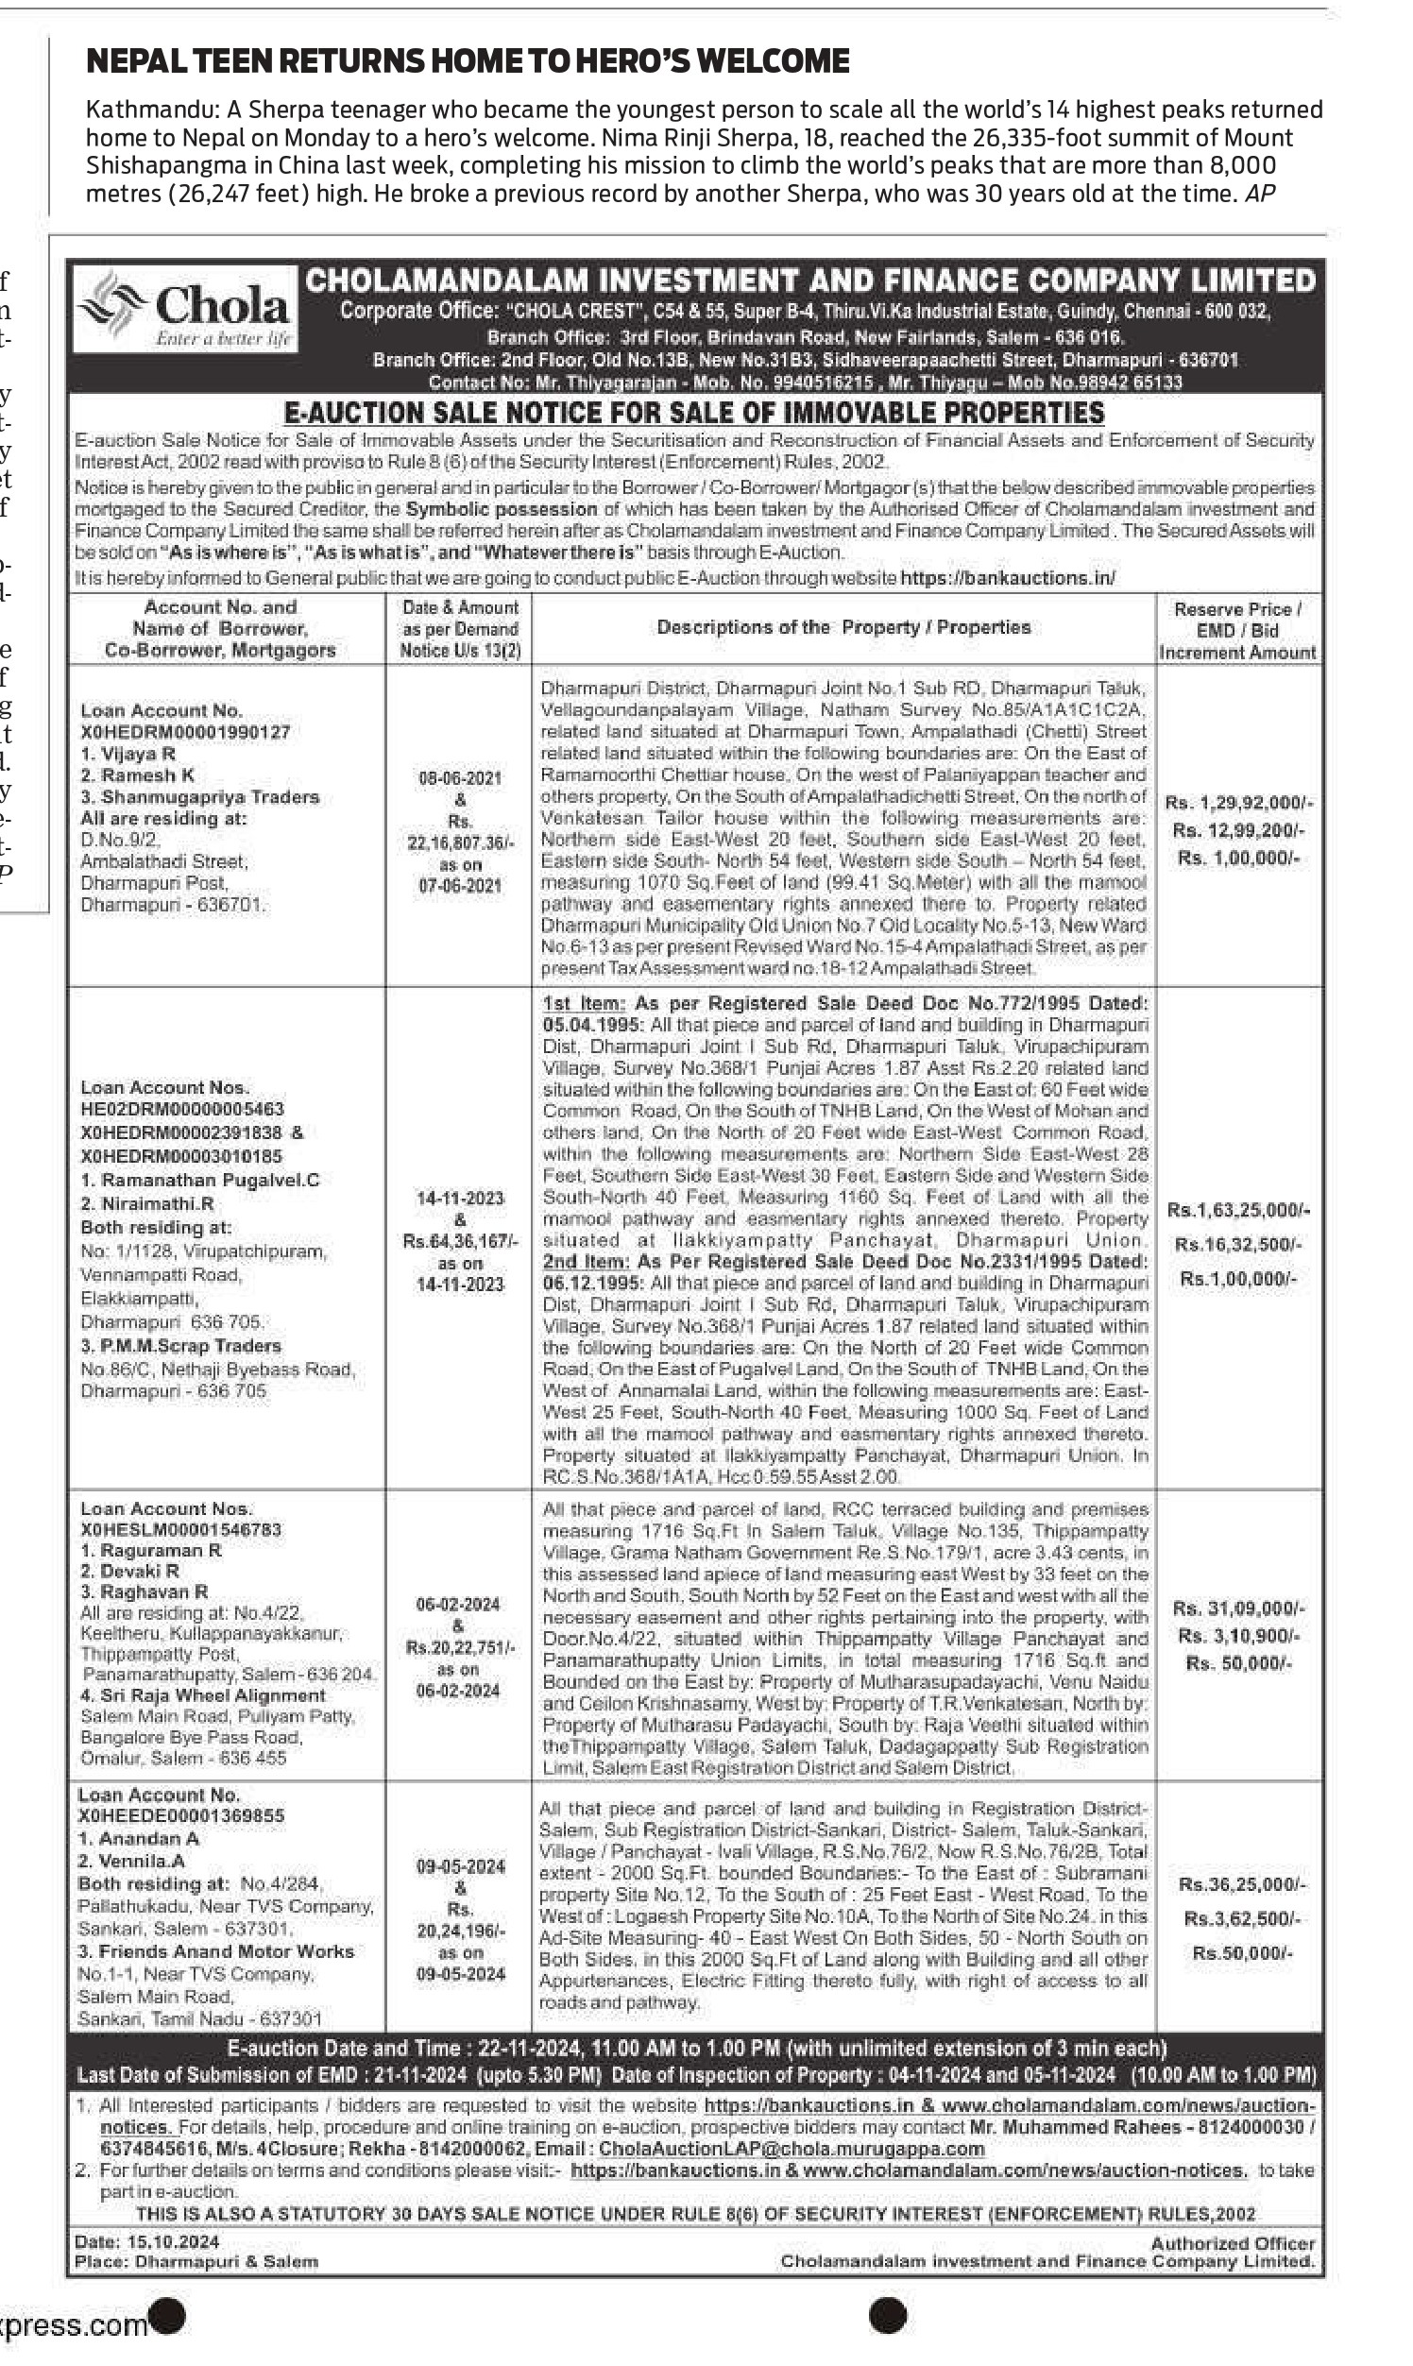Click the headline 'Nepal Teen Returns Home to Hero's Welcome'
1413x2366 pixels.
[x=468, y=61]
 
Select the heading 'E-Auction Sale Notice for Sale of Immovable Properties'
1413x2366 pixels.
[x=694, y=413]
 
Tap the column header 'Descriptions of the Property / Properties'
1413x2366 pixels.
[x=843, y=627]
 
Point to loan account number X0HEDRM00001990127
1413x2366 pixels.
[x=185, y=731]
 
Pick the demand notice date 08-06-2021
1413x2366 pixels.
[x=460, y=778]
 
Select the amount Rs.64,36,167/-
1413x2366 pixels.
[x=460, y=1240]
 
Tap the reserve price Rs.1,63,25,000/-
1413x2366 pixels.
[x=1238, y=1210]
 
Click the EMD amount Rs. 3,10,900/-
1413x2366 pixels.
[x=1238, y=1636]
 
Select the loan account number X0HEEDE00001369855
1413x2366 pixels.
[x=181, y=1815]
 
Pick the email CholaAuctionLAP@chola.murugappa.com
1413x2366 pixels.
[x=791, y=2149]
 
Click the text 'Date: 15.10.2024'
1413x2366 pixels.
[x=146, y=2241]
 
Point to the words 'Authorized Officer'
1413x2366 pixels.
[x=1232, y=2243]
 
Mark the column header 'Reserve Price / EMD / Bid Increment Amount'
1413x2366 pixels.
[x=1237, y=630]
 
